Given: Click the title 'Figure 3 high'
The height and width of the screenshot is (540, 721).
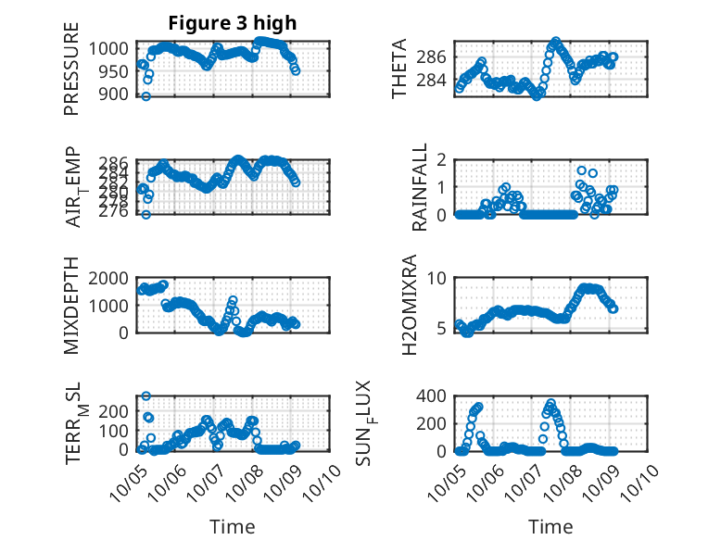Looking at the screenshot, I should click(x=233, y=23).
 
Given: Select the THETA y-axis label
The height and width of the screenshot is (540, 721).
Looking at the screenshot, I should click(x=399, y=69).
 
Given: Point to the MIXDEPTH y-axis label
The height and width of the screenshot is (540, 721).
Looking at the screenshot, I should click(x=71, y=306).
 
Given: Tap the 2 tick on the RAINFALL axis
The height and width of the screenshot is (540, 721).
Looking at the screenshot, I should click(x=442, y=159).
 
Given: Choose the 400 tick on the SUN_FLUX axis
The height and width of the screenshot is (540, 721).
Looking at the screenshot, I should click(x=433, y=396).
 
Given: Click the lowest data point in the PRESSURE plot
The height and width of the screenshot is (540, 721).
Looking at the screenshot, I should click(x=145, y=96).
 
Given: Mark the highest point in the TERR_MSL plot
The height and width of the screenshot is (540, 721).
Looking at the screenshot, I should click(x=146, y=396).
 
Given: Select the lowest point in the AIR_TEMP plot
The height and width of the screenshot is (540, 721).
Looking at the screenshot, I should click(x=145, y=214).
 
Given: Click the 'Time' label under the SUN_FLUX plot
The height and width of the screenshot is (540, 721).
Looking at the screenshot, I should click(x=550, y=527).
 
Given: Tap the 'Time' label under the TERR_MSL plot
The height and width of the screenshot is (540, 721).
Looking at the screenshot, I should click(x=233, y=527).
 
